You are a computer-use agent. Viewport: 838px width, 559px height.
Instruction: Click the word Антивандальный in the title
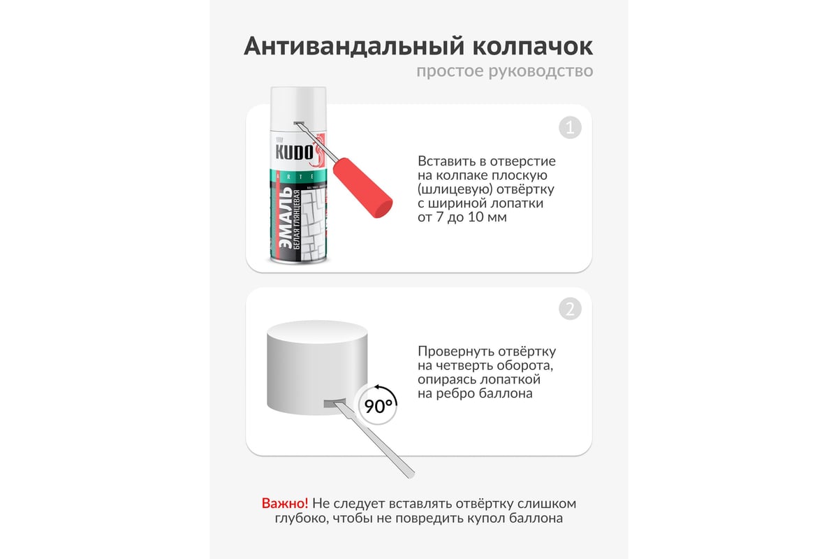pos(354,47)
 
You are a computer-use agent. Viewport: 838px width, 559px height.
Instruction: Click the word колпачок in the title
pos(533,47)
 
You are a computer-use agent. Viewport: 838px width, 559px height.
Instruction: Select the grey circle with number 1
pos(570,128)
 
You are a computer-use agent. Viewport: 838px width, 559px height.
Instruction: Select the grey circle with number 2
pos(570,309)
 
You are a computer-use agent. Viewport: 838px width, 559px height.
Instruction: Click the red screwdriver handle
pos(362,187)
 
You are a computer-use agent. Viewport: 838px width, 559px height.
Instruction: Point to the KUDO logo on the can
pos(294,152)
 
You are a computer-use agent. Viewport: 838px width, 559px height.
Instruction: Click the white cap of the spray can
pos(298,108)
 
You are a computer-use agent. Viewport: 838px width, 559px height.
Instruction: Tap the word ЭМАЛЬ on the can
pos(286,218)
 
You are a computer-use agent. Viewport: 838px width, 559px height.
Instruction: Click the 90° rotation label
pos(378,406)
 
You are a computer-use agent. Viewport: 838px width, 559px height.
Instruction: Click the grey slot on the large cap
pos(335,403)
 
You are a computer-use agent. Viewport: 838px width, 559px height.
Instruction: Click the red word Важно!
pos(285,504)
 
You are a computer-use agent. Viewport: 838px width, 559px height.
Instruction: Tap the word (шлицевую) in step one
pos(455,189)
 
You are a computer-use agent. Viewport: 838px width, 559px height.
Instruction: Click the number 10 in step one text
pos(476,217)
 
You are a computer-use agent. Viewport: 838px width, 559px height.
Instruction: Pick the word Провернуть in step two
pos(452,351)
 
